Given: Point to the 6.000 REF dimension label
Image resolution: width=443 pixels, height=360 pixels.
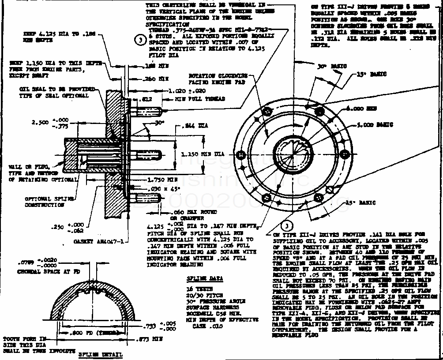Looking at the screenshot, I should click(x=356, y=108).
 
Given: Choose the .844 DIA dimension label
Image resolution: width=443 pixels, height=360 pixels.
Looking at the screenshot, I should click(x=195, y=126).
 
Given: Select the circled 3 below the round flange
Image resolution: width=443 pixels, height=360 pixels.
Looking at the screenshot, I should click(x=286, y=226).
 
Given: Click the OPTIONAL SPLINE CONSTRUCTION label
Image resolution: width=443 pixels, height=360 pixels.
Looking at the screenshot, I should click(x=45, y=202).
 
